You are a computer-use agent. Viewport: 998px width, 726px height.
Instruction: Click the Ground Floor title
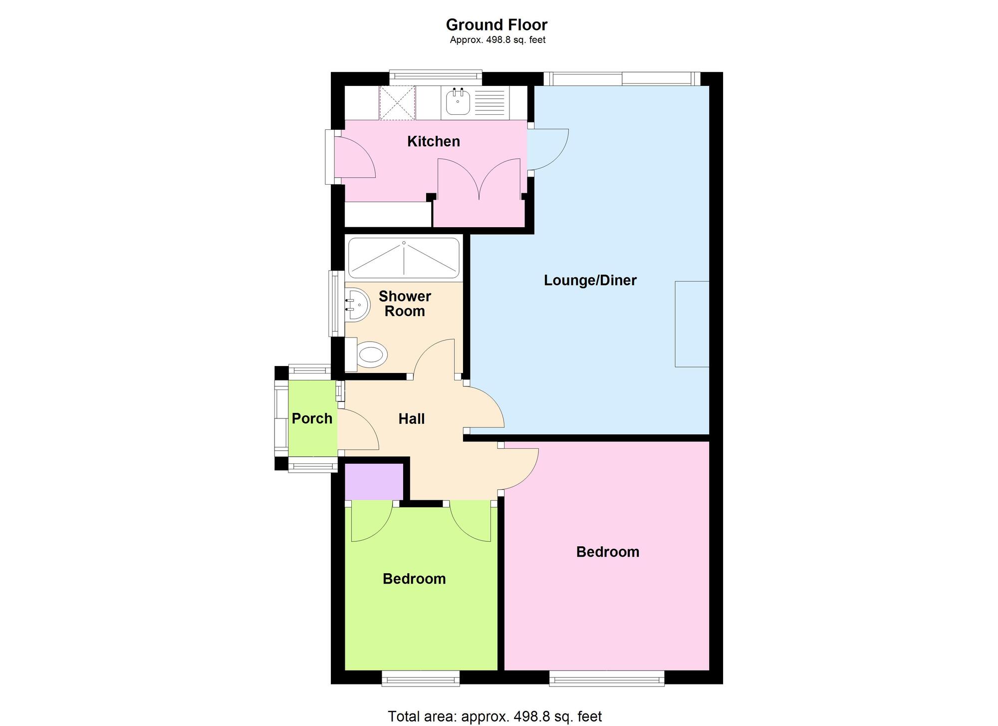[496, 24]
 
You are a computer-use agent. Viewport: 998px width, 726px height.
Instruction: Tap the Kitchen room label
[433, 141]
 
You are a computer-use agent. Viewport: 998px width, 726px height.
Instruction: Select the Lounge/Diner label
[590, 280]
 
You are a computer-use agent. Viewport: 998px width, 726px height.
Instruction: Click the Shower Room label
[405, 304]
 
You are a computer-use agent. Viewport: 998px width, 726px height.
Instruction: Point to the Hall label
[411, 418]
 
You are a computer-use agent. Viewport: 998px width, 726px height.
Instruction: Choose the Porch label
[312, 418]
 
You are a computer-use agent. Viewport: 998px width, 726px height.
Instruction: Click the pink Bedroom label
[607, 552]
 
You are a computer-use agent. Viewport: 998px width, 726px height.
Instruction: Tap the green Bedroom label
[414, 579]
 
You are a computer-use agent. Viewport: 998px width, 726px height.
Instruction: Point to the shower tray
[404, 258]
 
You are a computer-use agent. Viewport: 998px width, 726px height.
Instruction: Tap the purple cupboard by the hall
[374, 481]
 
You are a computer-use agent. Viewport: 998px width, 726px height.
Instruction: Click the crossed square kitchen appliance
[397, 103]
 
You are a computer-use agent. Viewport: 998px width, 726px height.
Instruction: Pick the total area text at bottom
[495, 716]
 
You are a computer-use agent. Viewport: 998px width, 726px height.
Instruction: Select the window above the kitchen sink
[435, 77]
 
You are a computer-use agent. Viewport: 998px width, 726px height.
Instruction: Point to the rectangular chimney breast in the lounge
[692, 324]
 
